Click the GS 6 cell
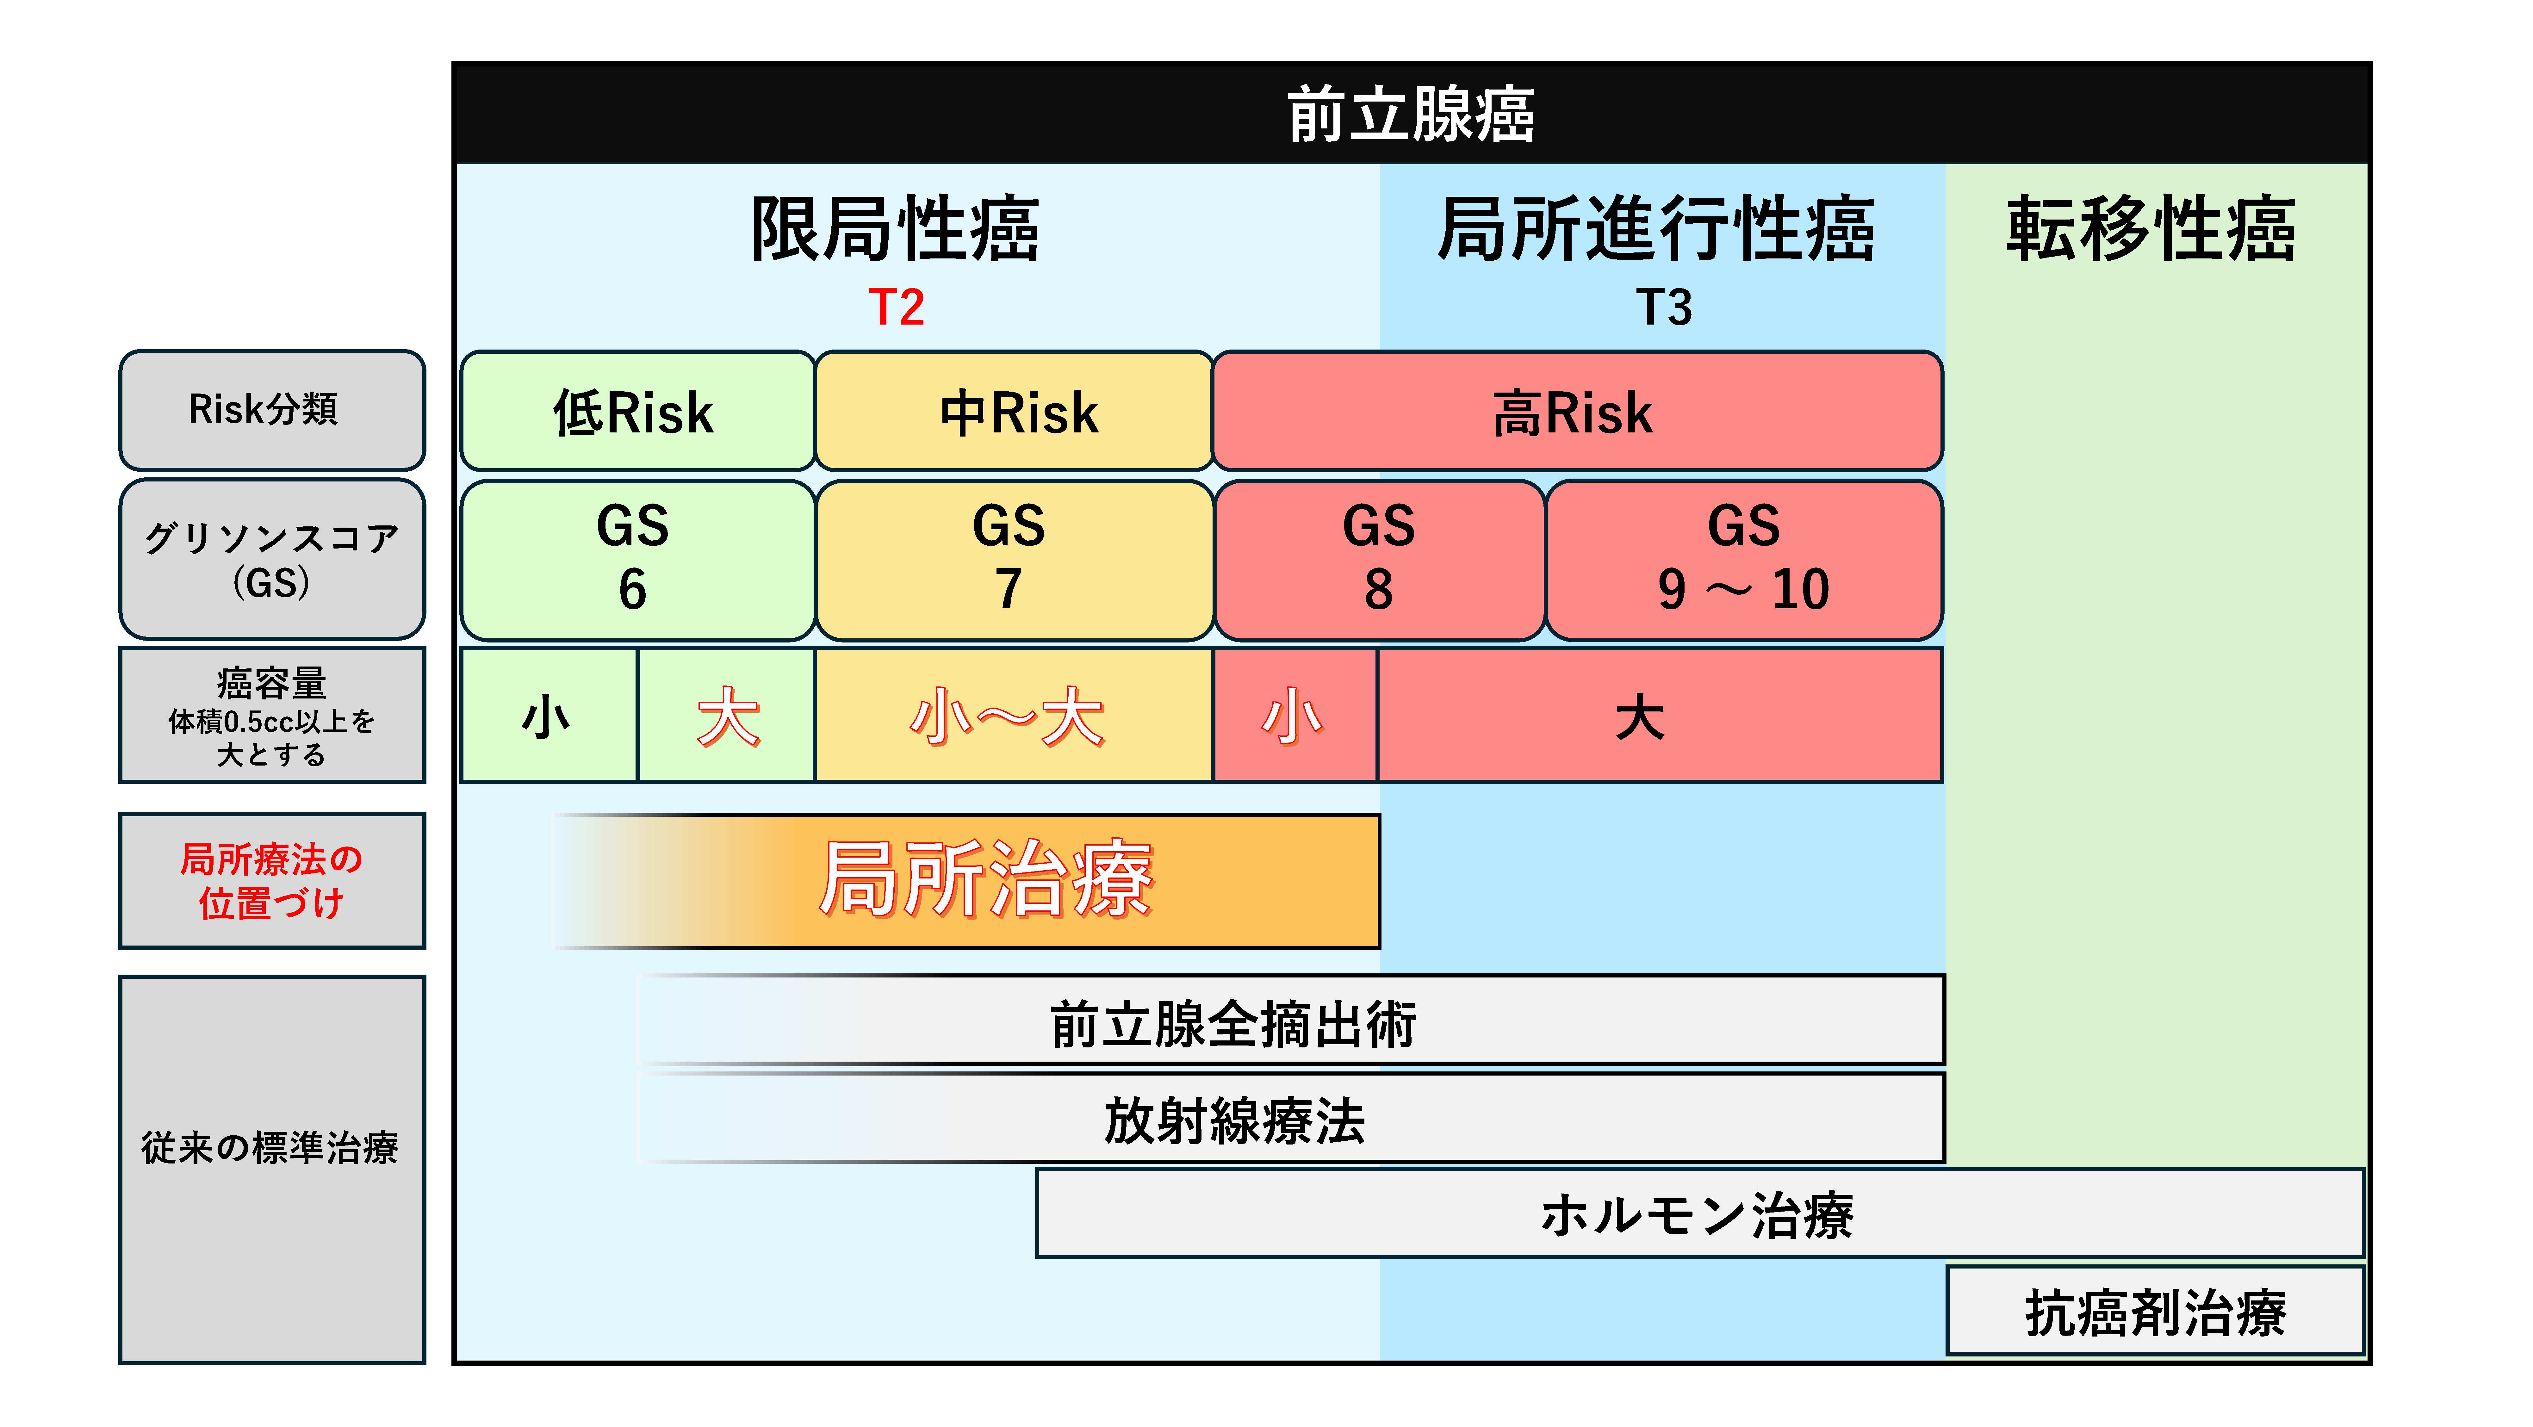(637, 560)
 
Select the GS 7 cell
(1015, 560)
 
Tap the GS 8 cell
(1380, 560)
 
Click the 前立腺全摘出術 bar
(1292, 1020)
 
